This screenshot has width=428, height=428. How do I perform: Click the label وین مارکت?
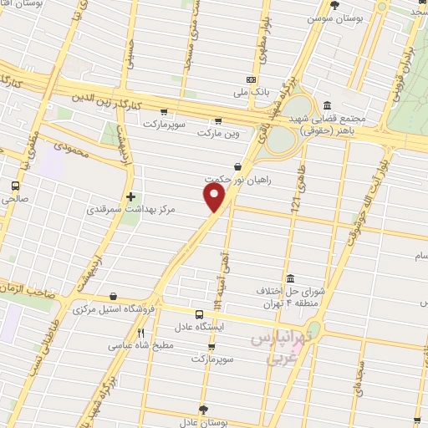(218, 132)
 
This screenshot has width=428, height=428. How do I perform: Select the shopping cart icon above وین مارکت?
(219, 120)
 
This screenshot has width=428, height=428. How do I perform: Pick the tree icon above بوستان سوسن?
(335, 4)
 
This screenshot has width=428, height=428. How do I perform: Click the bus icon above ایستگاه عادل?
(198, 314)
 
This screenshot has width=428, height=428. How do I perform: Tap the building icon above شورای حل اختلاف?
(289, 279)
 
